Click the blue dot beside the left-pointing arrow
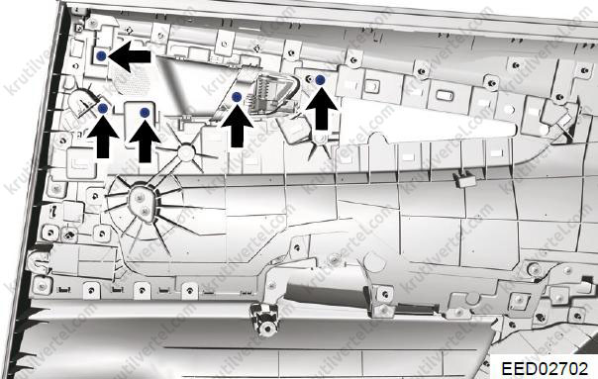tap(101, 55)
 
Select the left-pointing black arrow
tap(130, 56)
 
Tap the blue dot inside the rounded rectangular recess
tap(145, 113)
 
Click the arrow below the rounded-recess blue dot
tap(145, 141)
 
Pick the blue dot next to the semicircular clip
tap(103, 109)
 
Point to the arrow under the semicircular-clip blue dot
tap(103, 137)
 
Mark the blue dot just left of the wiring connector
tap(237, 97)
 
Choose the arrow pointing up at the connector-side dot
tap(238, 126)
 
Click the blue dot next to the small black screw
tap(321, 80)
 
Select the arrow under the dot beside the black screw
tap(322, 108)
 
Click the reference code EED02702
tap(545, 369)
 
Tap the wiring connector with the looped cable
tap(272, 95)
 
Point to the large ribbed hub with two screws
tap(142, 204)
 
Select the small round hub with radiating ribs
tap(186, 152)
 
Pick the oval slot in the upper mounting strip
tap(444, 95)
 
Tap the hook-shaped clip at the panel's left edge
tap(39, 260)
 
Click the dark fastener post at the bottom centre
tap(265, 320)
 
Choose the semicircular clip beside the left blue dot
tap(81, 100)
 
